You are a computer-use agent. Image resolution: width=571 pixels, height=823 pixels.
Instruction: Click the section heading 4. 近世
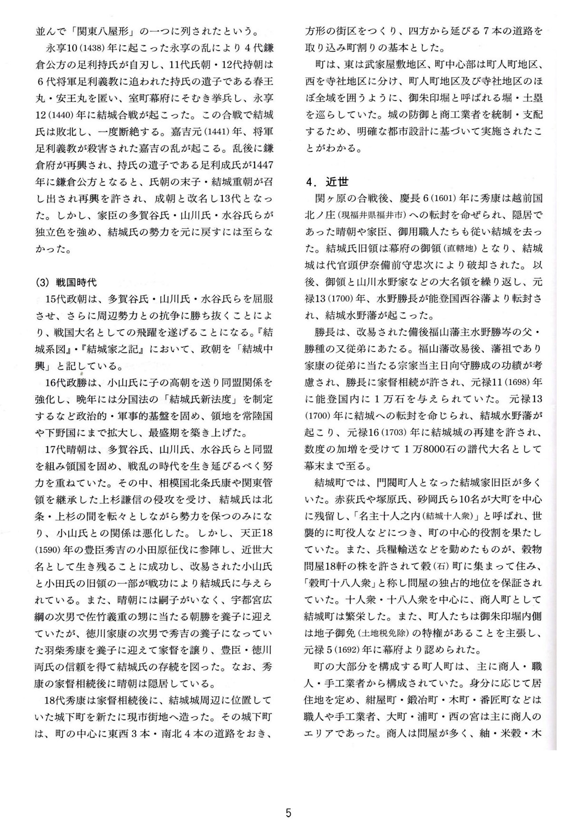click(x=327, y=181)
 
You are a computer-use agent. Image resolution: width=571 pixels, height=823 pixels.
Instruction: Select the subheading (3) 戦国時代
click(x=66, y=282)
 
